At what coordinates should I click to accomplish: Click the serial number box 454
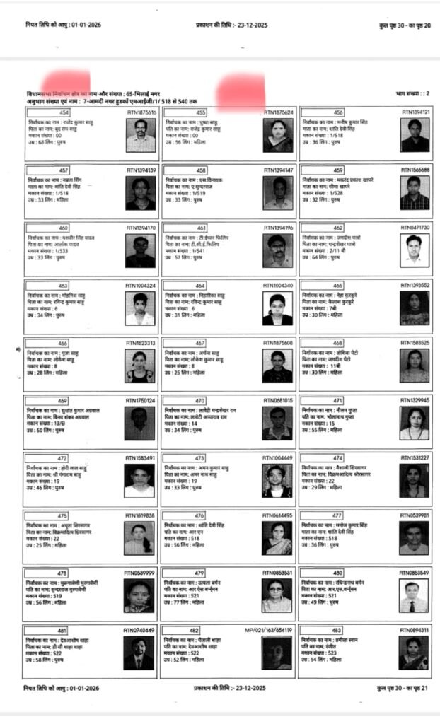click(x=64, y=112)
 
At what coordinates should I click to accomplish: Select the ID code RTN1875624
click(x=278, y=112)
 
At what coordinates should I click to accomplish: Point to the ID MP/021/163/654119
click(x=268, y=630)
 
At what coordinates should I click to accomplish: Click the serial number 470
click(x=201, y=400)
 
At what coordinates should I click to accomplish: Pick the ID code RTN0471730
click(x=415, y=228)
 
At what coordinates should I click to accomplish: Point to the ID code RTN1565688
click(x=415, y=170)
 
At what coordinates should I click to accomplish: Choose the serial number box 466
click(x=64, y=343)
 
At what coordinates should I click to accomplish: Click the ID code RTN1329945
click(x=415, y=400)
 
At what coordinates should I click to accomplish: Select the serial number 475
click(x=64, y=515)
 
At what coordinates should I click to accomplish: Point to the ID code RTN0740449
click(x=139, y=630)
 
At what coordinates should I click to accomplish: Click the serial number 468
click(x=338, y=343)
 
